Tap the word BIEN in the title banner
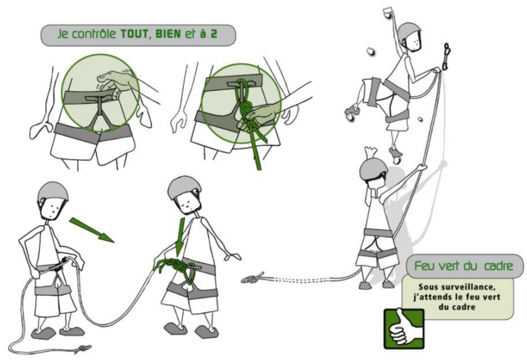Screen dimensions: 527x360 [168, 35]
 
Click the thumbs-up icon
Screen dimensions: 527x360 [404, 329]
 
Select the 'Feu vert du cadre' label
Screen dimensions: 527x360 [464, 266]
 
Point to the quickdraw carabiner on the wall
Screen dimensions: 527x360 [446, 56]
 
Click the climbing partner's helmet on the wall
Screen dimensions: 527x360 [409, 33]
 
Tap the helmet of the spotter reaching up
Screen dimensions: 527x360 [373, 170]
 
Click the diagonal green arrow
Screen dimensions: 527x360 [92, 230]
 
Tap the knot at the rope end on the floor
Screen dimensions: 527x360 [83, 349]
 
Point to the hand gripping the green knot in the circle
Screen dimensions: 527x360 [259, 116]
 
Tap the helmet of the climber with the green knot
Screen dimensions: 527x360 [184, 188]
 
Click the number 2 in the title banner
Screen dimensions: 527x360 [214, 35]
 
